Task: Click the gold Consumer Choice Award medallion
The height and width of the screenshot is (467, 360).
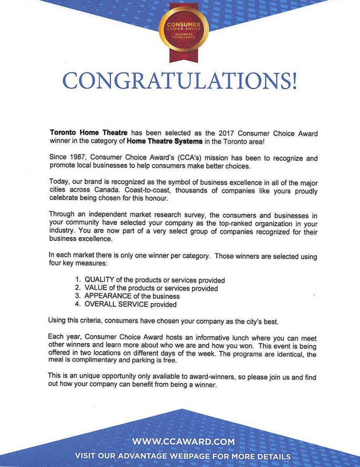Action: (184, 28)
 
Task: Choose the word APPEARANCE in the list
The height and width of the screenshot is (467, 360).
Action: (108, 296)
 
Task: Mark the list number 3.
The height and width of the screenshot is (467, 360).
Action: (77, 296)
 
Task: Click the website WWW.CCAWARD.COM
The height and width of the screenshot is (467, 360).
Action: (184, 441)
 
